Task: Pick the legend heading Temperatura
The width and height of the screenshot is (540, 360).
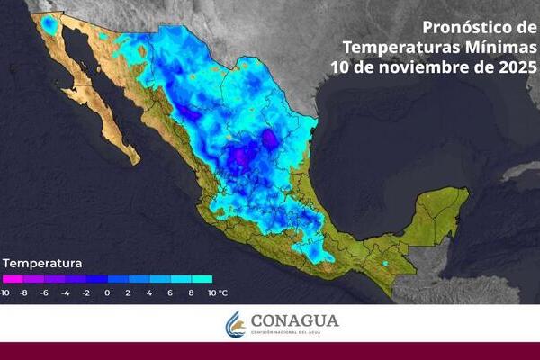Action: pyautogui.click(x=42, y=264)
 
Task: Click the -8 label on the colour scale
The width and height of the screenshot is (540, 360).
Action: pyautogui.click(x=25, y=292)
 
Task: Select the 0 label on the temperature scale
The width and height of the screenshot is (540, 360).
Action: pyautogui.click(x=107, y=292)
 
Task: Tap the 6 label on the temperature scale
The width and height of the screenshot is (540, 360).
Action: pyautogui.click(x=169, y=292)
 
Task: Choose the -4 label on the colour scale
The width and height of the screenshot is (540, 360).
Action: pyautogui.click(x=67, y=292)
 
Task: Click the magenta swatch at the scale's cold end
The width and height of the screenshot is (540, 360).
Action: pyautogui.click(x=10, y=279)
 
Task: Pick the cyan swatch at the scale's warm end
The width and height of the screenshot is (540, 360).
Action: pyautogui.click(x=202, y=279)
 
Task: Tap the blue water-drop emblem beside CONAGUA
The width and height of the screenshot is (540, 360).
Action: pyautogui.click(x=236, y=324)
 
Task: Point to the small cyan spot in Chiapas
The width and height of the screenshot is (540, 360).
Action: pyautogui.click(x=385, y=264)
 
